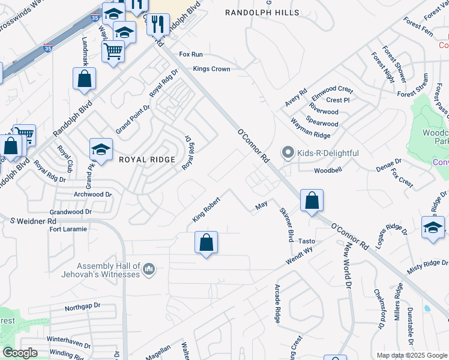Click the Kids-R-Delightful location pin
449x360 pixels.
[x=289, y=153]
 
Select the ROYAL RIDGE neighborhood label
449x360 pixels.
[x=147, y=160]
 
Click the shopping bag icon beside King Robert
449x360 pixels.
[x=206, y=243]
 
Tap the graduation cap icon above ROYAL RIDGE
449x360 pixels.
[x=101, y=150]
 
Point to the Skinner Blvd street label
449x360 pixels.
[x=285, y=224]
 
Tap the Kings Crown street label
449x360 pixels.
[x=211, y=69]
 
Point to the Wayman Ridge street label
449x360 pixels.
[x=310, y=135]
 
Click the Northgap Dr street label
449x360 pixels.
[x=82, y=306]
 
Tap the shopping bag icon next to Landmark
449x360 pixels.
[x=85, y=79]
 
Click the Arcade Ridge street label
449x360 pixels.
[x=277, y=304]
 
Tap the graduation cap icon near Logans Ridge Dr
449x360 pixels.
[x=433, y=228]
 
